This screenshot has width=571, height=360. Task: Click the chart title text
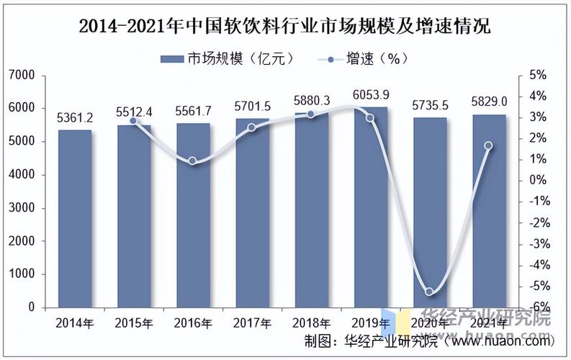284,28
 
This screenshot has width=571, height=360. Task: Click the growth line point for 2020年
430,292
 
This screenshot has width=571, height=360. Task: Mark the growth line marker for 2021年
489,145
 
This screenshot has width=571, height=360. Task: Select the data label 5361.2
75,117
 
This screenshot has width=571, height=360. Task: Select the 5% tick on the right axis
537,75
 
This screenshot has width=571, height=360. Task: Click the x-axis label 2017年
252,322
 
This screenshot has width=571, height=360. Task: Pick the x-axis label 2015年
134,322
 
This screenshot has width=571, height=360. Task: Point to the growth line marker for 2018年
311,114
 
